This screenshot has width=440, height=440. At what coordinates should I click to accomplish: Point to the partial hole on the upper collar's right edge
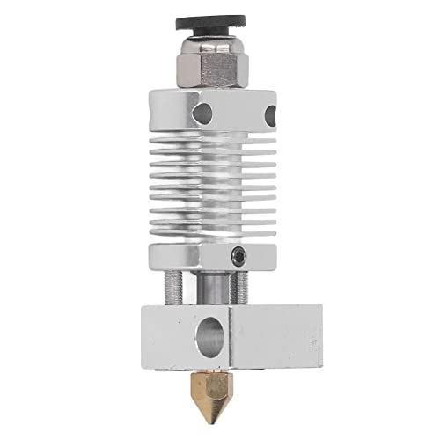coord(271,113)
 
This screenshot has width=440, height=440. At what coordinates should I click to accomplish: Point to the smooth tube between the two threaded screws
coord(214,287)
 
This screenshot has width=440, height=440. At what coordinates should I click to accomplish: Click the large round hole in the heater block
coord(208,335)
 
